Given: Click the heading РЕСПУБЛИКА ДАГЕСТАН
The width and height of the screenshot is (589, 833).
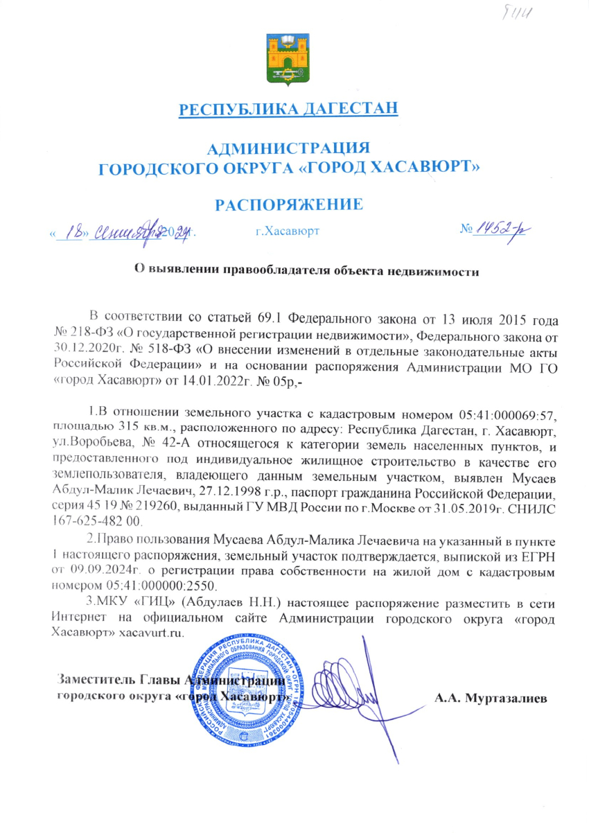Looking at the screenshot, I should pos(289,109).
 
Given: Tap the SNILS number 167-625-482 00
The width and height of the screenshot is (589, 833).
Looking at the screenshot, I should pos(97,520).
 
